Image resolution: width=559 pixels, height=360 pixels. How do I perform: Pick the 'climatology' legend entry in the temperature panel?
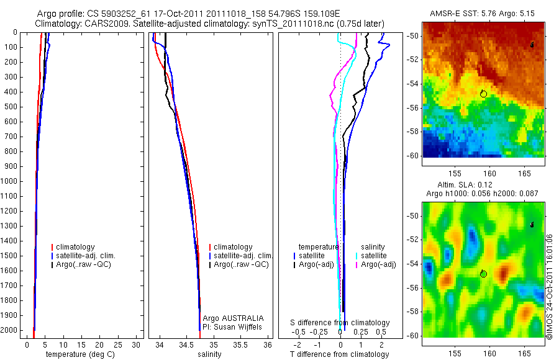coord(76,247)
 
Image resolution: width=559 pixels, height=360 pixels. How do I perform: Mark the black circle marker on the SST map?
coord(483,93)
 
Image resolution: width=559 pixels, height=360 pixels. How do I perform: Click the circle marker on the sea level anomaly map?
coord(483,274)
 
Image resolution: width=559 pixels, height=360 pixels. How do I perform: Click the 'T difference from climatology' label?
coord(339,354)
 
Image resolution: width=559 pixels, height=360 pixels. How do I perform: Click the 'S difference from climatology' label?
coord(340,323)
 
